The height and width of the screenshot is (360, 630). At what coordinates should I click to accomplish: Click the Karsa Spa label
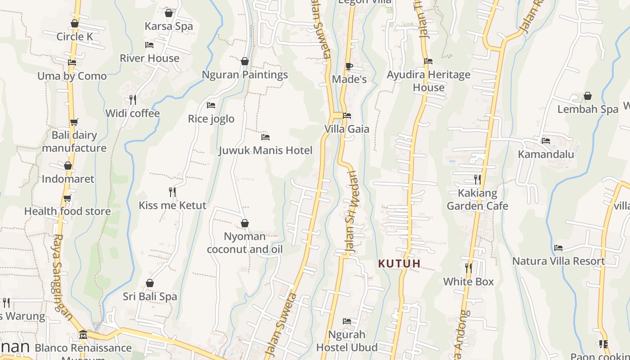(169, 26)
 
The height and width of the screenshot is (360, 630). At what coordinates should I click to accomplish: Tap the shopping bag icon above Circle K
(75, 23)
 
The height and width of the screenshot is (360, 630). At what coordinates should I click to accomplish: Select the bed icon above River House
(149, 45)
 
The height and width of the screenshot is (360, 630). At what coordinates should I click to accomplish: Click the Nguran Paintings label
(245, 75)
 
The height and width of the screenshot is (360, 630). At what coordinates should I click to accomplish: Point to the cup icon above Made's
(349, 67)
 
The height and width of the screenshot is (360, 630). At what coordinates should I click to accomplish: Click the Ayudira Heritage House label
(428, 81)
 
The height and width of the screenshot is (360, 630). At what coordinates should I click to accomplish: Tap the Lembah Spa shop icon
(587, 96)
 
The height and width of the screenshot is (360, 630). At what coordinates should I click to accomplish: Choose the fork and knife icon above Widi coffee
(133, 99)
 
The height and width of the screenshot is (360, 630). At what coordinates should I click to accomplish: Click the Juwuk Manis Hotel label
(265, 150)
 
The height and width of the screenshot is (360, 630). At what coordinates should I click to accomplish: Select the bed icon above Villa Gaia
(346, 116)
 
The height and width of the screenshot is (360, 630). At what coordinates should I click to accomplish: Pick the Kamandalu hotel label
(546, 154)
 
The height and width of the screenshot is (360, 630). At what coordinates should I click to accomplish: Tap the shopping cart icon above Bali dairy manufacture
(74, 122)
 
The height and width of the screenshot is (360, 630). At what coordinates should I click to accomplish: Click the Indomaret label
(68, 179)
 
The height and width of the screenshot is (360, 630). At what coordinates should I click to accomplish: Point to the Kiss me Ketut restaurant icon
(172, 192)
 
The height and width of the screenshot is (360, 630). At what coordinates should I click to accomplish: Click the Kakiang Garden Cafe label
(477, 199)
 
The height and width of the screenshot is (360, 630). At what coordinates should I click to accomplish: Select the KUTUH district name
(399, 264)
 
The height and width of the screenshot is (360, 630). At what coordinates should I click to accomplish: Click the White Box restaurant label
(468, 282)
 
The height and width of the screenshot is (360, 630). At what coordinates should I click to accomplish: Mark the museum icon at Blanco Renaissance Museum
(83, 335)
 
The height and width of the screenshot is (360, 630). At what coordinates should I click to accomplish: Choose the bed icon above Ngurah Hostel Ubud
(346, 321)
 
